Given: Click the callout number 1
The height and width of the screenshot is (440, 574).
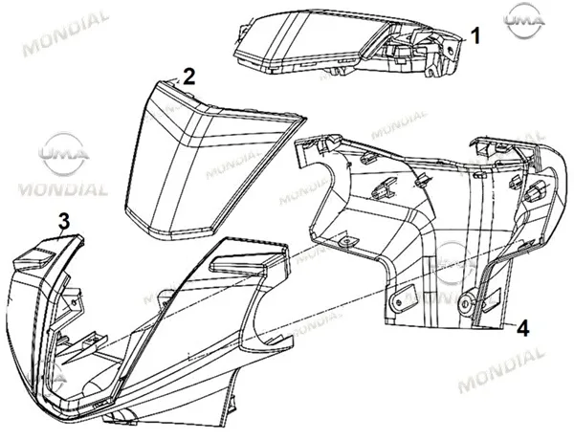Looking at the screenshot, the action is pos(475,36).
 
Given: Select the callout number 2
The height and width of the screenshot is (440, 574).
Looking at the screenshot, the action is pos(188,77).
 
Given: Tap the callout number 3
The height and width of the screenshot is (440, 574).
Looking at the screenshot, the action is pos(64,222).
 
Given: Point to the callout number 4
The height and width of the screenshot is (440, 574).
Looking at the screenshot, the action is pos(522,328).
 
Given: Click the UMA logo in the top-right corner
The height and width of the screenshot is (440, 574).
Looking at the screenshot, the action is pos(524,20).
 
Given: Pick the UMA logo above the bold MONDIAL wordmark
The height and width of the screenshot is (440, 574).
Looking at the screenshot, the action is pos(63,153).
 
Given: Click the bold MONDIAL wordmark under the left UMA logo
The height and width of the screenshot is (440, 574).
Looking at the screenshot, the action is pos(63,189).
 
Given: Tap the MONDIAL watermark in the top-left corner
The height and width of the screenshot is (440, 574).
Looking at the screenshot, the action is pos(66,33).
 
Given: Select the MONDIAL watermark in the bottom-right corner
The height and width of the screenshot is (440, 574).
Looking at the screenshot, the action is pos(501,370).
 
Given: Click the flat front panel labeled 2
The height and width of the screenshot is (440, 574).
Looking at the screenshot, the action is pos(205,161).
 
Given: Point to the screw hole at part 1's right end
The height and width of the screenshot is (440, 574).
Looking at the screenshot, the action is pos(450,52).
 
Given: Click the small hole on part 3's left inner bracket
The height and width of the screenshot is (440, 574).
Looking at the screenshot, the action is pos(75,302).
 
